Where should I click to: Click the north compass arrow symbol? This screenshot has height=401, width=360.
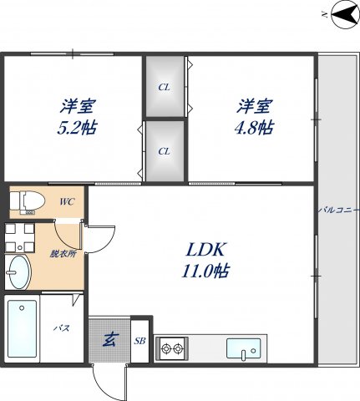coord(344,14)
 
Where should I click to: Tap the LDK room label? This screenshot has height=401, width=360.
coord(205,249)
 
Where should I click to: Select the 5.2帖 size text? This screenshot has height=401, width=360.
coord(77,129)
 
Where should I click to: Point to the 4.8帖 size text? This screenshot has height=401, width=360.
coord(255,128)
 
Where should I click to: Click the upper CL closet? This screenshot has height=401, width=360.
coord(165,86)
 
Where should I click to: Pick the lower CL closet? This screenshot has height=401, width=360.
coord(165,151)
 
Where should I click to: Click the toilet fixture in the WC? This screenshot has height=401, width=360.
coord(28,201)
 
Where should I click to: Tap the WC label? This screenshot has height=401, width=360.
coord(67,201)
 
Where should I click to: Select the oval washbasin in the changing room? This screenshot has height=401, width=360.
coord(18,272)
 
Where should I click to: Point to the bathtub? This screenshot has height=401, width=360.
coord(22,328)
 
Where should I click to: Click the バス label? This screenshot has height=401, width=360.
coord(62,328)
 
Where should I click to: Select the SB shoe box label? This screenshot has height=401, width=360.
coord(139,341)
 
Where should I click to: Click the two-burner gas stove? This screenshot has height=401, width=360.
coord(172,348)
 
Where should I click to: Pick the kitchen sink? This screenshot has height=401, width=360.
coord(244,348)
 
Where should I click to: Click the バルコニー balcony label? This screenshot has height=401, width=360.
coord(338,211)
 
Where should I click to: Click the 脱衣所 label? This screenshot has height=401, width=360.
coord(63,254)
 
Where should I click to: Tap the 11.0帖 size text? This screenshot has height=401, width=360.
coord(205,271)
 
